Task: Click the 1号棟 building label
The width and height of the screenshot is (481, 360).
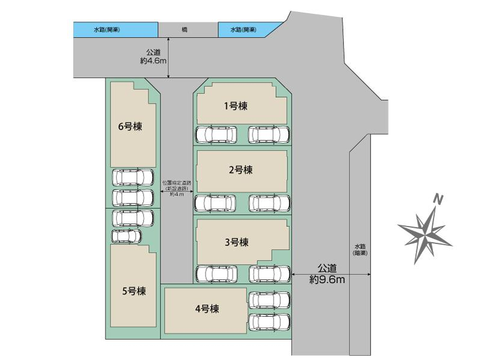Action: (236, 106)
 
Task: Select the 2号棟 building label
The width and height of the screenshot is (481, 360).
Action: (240, 170)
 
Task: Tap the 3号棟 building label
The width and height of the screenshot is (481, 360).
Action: (236, 243)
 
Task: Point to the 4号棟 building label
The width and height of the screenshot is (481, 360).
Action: (206, 309)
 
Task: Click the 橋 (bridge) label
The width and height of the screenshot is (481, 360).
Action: (184, 29)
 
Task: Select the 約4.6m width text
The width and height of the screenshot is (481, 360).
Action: (152, 61)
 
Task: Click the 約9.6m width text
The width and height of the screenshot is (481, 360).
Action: (327, 279)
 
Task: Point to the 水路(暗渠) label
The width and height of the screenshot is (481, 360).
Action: (361, 250)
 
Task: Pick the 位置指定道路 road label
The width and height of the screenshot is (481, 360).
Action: (177, 183)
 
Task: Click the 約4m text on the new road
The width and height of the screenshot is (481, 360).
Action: (177, 194)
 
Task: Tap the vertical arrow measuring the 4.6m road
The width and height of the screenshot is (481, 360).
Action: (170, 58)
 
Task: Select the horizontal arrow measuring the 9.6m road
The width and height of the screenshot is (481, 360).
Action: (330, 274)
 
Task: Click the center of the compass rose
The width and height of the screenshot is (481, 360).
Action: (426, 231)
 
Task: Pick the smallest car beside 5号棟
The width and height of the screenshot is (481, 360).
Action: (126, 236)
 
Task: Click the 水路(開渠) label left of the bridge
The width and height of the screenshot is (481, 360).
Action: (107, 29)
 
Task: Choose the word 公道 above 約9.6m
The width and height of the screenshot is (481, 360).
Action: (328, 268)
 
